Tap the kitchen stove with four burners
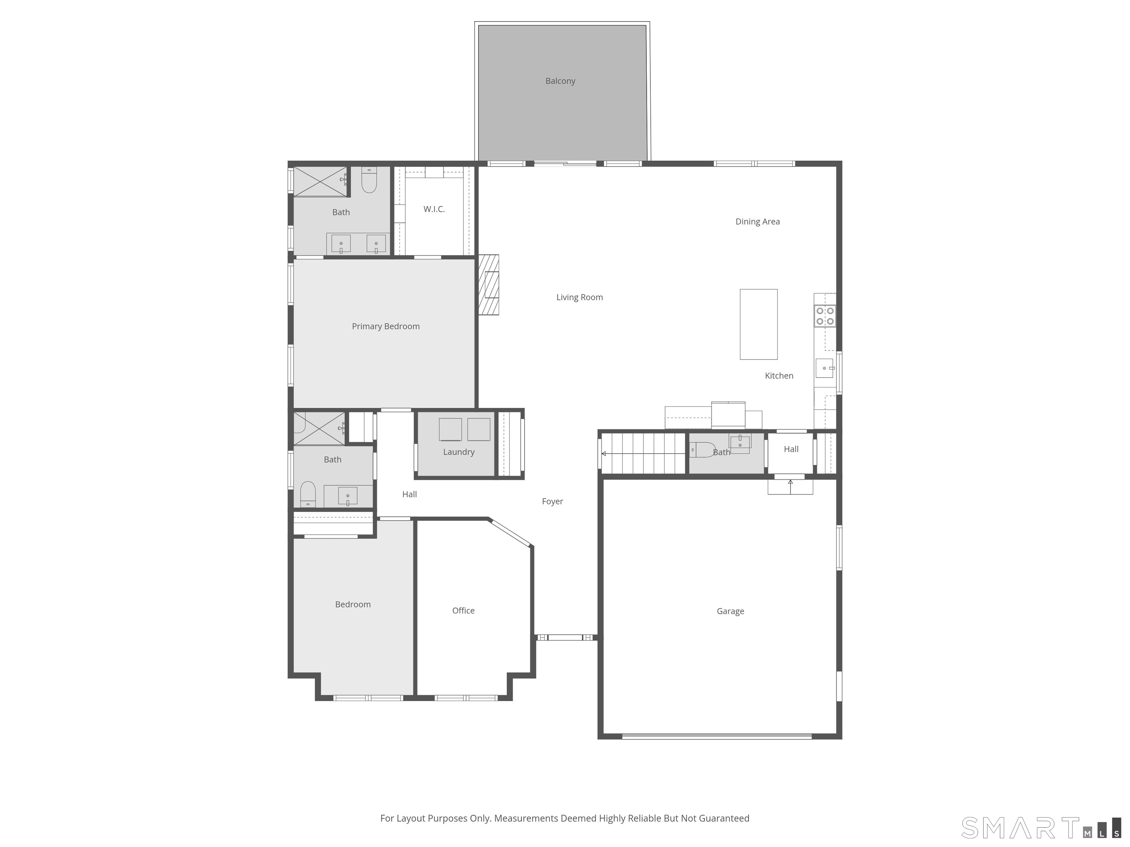pyautogui.click(x=825, y=316)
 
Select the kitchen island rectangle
pyautogui.click(x=758, y=324)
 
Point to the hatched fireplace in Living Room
pyautogui.click(x=488, y=285)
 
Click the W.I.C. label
pyautogui.click(x=434, y=209)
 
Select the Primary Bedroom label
pyautogui.click(x=386, y=326)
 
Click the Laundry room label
pyautogui.click(x=459, y=452)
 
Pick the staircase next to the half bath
pyautogui.click(x=643, y=453)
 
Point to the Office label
pyautogui.click(x=463, y=611)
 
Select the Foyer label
pyautogui.click(x=552, y=502)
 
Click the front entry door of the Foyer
pyautogui.click(x=566, y=637)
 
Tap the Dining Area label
pyautogui.click(x=758, y=222)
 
